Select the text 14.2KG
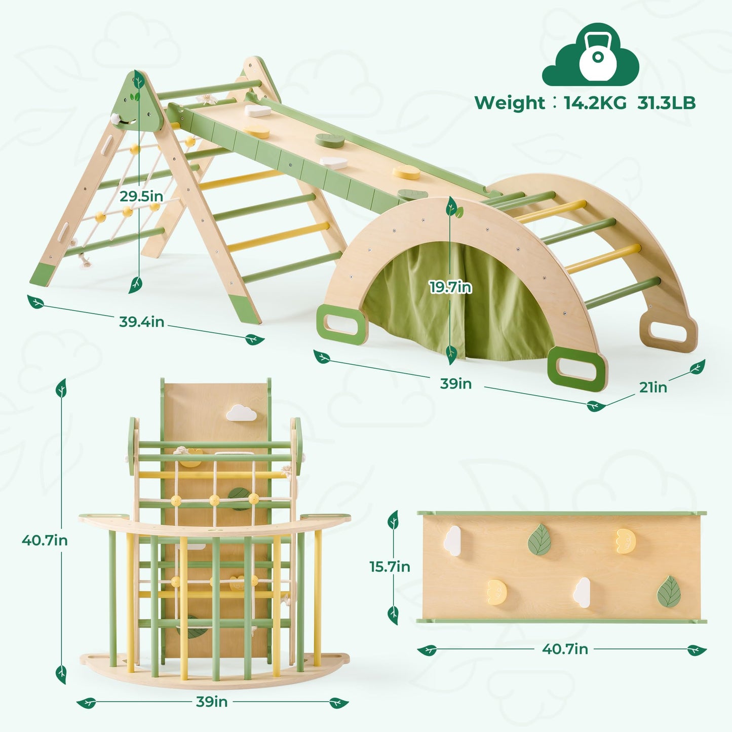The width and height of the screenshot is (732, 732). (x=595, y=103)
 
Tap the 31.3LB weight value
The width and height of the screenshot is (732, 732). (x=666, y=103)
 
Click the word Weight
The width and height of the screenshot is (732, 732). (x=509, y=103)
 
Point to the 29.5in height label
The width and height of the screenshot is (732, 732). (x=141, y=196)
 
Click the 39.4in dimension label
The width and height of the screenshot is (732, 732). (x=141, y=322)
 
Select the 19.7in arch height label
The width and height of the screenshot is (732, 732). (x=450, y=287)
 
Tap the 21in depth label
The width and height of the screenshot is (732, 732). (x=652, y=387)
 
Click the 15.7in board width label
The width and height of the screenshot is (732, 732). (x=390, y=566)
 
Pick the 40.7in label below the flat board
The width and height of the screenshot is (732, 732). (x=565, y=649)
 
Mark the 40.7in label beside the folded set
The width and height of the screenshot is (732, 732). (x=45, y=541)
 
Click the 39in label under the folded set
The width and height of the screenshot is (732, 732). (x=212, y=702)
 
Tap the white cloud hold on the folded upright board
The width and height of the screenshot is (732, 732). (x=241, y=413)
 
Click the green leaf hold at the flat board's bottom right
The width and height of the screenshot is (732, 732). (x=669, y=591)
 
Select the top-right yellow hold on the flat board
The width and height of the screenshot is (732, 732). (x=626, y=541)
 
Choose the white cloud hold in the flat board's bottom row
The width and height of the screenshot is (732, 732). (x=583, y=592)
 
